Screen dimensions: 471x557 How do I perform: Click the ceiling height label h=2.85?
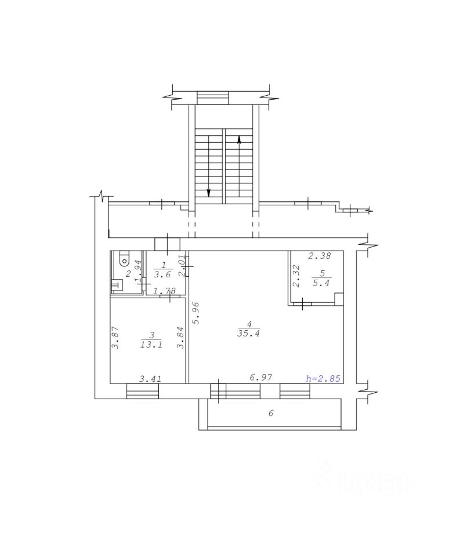323,379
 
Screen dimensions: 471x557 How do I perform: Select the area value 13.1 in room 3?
151,344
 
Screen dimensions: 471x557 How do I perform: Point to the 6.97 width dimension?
261,377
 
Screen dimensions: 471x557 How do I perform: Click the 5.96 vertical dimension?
195,313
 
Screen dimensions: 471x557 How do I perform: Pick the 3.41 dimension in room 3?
150,379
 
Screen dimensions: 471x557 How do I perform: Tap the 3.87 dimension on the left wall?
115,338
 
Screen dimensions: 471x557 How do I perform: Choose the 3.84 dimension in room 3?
181,338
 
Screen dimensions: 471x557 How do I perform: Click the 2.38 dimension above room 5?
320,255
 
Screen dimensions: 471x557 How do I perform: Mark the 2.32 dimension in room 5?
295,276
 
